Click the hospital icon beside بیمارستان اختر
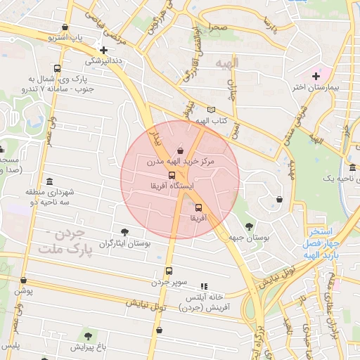316,75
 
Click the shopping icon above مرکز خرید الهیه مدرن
181,150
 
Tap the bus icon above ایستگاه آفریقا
172,175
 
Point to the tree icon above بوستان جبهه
250,225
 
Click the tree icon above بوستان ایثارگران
125,231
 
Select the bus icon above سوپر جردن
169,271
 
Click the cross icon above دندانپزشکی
104,50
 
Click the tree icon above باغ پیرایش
88,336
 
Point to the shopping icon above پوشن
22,278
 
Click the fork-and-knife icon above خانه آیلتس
204,286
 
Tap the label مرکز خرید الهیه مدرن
179,162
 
